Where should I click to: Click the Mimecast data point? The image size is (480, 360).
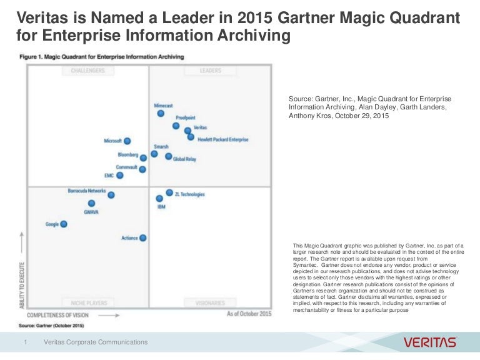click(x=161, y=114)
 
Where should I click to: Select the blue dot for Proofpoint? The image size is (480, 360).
click(x=176, y=126)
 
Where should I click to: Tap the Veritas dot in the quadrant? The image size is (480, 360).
click(x=187, y=130)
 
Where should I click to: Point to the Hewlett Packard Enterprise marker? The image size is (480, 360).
click(x=191, y=137)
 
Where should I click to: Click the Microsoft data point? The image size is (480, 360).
click(x=127, y=141)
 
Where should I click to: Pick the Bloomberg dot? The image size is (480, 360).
click(x=143, y=158)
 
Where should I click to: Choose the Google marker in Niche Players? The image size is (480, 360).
click(x=63, y=224)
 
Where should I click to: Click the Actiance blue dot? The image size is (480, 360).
click(x=142, y=237)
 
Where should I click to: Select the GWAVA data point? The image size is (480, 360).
click(x=91, y=203)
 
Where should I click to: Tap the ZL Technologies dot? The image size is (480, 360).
click(x=169, y=192)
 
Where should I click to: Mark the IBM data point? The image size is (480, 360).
click(x=159, y=199)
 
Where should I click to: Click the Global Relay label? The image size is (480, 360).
click(x=184, y=159)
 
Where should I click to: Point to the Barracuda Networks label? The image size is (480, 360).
click(x=87, y=190)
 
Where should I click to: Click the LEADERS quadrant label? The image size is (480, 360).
click(x=211, y=71)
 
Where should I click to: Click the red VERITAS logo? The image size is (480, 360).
click(x=430, y=342)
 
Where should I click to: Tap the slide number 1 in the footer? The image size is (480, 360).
click(x=26, y=342)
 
